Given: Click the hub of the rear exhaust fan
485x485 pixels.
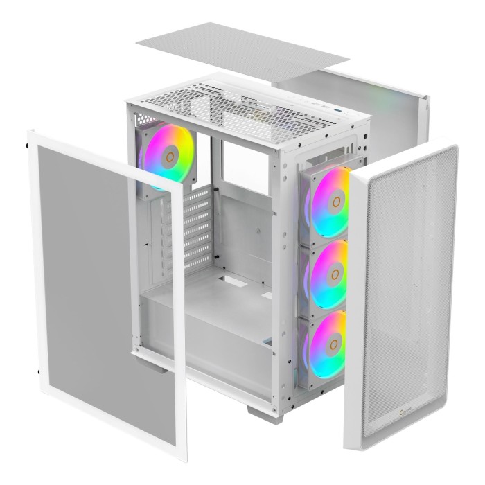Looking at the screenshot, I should pos(168,156).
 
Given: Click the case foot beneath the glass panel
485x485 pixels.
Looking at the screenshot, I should pos(151,360).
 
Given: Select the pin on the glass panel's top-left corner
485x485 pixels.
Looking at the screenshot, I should pos(27,145).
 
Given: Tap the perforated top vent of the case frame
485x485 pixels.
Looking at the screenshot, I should pos(229,104).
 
